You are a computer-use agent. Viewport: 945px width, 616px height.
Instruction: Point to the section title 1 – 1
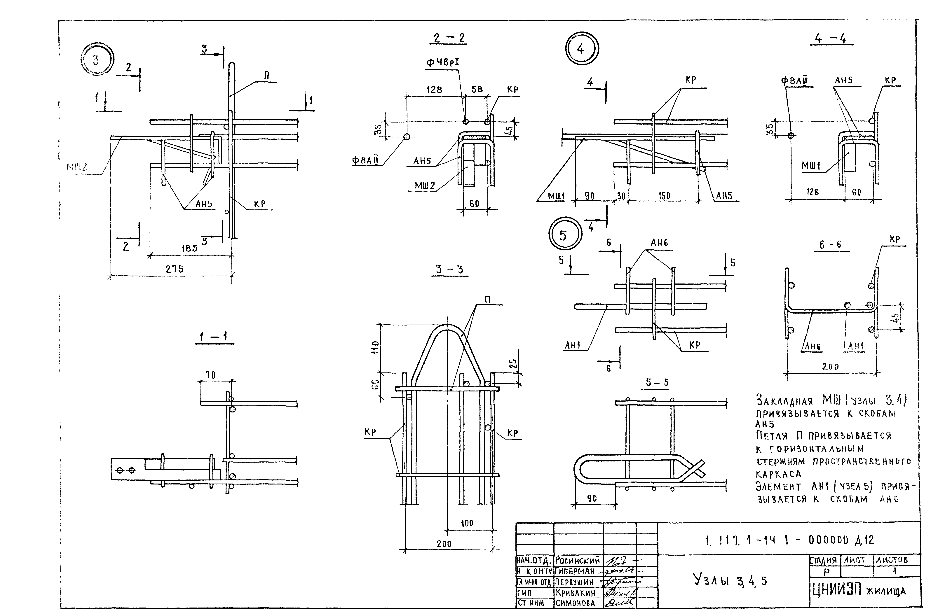(x=214, y=337)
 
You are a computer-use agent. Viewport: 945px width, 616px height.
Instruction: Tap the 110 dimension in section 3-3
(x=376, y=347)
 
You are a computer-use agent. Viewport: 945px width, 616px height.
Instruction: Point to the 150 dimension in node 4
(x=664, y=196)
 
